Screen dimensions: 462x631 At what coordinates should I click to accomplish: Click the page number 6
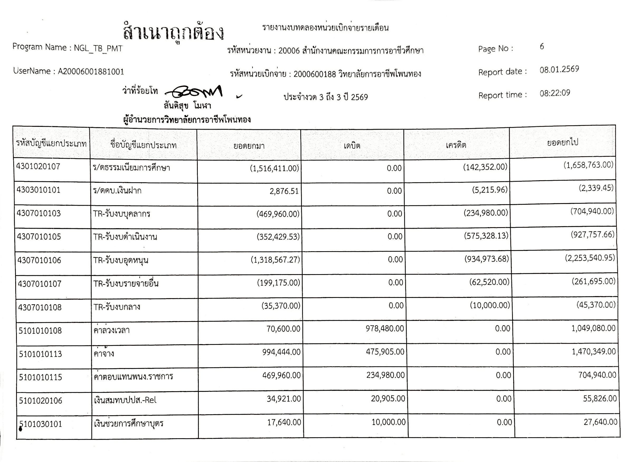[542, 47]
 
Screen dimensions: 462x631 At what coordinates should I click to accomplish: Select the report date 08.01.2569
[559, 70]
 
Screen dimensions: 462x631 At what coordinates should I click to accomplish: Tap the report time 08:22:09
[555, 93]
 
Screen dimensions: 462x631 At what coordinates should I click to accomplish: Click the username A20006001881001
[91, 72]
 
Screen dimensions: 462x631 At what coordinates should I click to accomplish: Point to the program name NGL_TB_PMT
[98, 48]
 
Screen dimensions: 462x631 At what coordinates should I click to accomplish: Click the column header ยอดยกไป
[562, 143]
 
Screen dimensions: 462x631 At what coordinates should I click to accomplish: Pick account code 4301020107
[38, 167]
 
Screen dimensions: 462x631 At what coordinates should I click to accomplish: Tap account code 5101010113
[40, 354]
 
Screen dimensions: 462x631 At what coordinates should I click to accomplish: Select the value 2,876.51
[284, 192]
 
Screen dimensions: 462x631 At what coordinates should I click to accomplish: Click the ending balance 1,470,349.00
[593, 351]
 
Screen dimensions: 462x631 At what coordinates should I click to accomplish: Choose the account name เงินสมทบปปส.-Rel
[125, 401]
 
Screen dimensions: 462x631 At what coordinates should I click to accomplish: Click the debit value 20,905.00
[388, 399]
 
